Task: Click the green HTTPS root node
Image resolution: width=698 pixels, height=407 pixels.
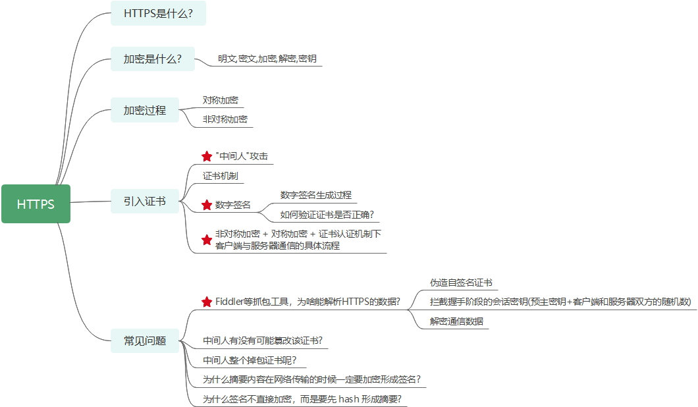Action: (36, 204)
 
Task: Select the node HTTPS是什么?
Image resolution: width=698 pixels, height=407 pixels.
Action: (158, 13)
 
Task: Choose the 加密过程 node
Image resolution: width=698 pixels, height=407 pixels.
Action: (144, 110)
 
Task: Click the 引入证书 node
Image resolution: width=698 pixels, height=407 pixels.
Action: (144, 201)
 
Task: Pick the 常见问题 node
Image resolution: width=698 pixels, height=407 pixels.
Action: (144, 340)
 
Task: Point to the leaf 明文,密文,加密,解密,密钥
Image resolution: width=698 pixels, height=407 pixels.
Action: (267, 59)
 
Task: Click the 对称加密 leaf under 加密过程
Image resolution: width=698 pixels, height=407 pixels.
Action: (220, 100)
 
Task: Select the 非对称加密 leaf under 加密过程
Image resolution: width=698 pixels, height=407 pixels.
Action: (225, 119)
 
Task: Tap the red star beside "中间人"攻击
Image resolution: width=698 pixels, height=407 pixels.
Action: (207, 156)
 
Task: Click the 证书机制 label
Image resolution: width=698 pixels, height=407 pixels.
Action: (220, 176)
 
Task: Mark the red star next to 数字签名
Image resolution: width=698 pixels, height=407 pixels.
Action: (207, 205)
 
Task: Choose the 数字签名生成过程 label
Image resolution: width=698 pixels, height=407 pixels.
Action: (315, 195)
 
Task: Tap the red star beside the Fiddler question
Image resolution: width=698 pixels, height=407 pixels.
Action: (207, 302)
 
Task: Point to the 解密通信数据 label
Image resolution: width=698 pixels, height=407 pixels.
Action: (456, 321)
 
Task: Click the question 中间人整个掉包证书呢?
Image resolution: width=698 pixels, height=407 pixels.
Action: (250, 360)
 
